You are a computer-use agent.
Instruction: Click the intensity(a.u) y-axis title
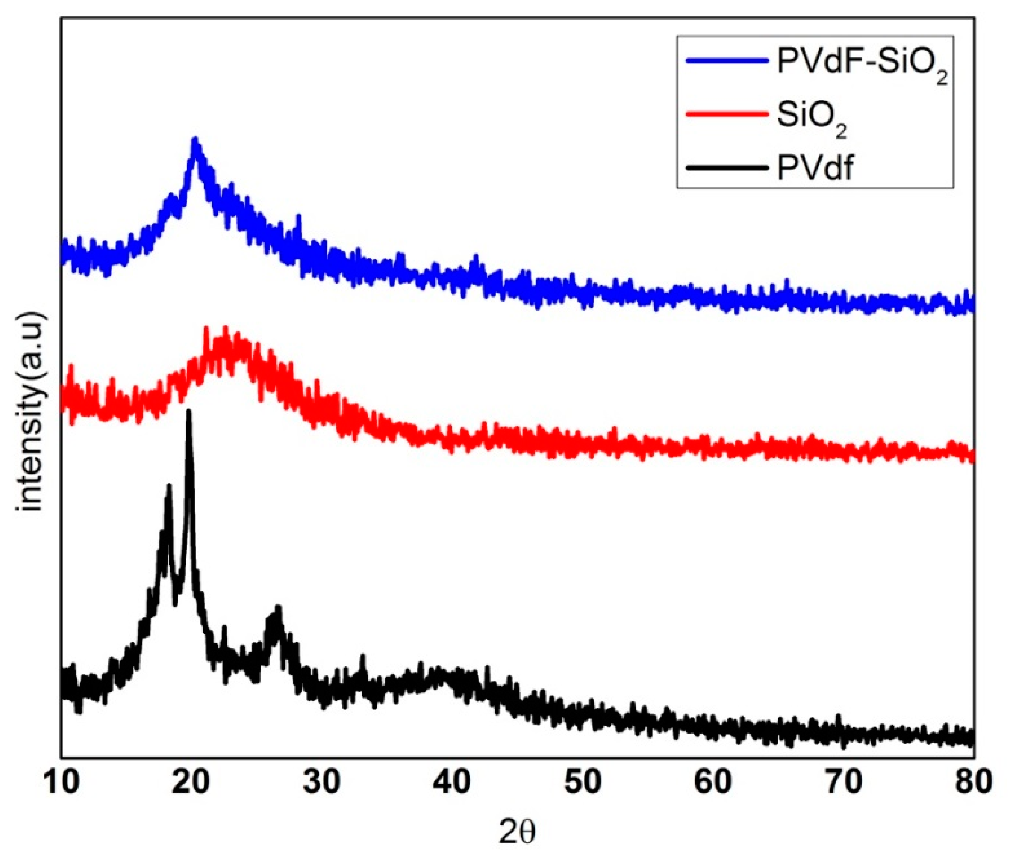coord(32,412)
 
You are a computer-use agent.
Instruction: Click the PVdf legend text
coord(815,169)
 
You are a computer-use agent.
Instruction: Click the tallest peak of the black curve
coord(189,412)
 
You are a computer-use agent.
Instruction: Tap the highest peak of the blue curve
coord(195,140)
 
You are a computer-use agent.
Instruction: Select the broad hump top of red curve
coord(225,331)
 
